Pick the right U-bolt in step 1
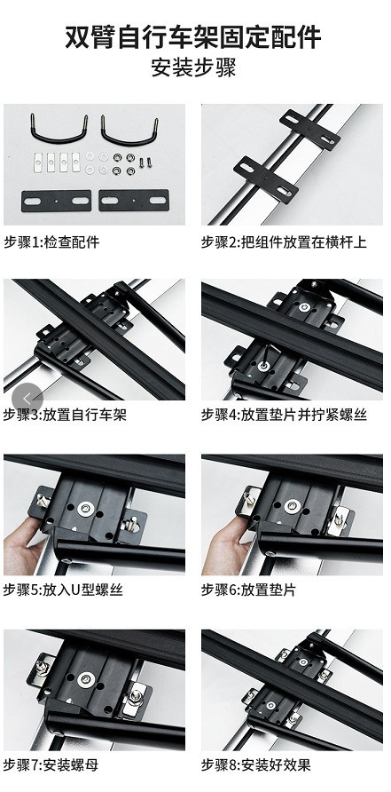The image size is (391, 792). (129, 131)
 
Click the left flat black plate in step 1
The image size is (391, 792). (55, 199)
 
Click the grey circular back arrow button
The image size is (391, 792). (27, 397)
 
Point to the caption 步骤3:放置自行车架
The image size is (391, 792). (65, 415)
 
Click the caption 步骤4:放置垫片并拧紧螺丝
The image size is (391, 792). (284, 415)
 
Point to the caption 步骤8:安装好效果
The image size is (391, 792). (256, 764)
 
